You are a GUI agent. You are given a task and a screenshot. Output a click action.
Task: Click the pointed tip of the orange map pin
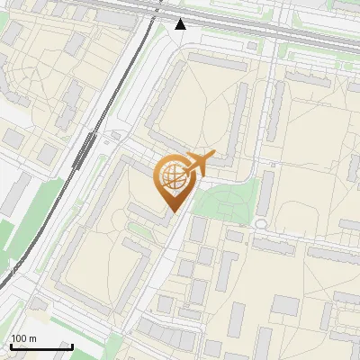(172, 211)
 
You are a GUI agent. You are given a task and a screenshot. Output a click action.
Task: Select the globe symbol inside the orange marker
(172, 179)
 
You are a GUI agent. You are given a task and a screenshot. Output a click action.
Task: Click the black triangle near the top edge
(181, 24)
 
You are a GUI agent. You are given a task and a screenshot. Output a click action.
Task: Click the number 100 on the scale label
(19, 338)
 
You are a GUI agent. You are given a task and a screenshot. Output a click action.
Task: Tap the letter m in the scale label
(32, 338)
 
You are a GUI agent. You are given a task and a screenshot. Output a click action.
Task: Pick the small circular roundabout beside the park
(261, 222)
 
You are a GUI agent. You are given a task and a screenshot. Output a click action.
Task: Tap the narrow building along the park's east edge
(266, 194)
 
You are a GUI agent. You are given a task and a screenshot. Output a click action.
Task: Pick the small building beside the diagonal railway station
(115, 136)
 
